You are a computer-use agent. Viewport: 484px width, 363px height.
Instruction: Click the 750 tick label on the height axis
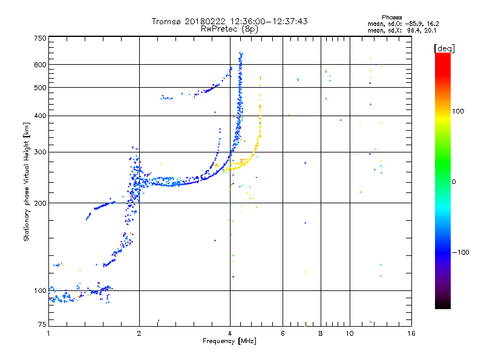coord(40,38)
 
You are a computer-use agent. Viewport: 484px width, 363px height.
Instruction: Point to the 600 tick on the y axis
coord(40,64)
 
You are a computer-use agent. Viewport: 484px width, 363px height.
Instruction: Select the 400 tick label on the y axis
coord(40,116)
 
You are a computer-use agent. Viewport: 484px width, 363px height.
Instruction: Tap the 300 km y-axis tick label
coord(40,152)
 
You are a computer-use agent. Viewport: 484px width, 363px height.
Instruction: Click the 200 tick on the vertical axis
coord(40,203)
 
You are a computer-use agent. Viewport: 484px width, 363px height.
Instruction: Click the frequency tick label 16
coord(411,333)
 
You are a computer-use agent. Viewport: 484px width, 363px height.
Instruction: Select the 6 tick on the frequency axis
coord(283,333)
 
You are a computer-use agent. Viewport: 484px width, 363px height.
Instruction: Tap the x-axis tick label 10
coord(349,333)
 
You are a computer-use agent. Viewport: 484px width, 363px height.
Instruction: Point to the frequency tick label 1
coord(48,333)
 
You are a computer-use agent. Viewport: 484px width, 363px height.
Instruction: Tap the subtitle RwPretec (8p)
coord(230,28)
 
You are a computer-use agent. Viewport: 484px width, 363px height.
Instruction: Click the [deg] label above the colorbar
coord(443,48)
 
